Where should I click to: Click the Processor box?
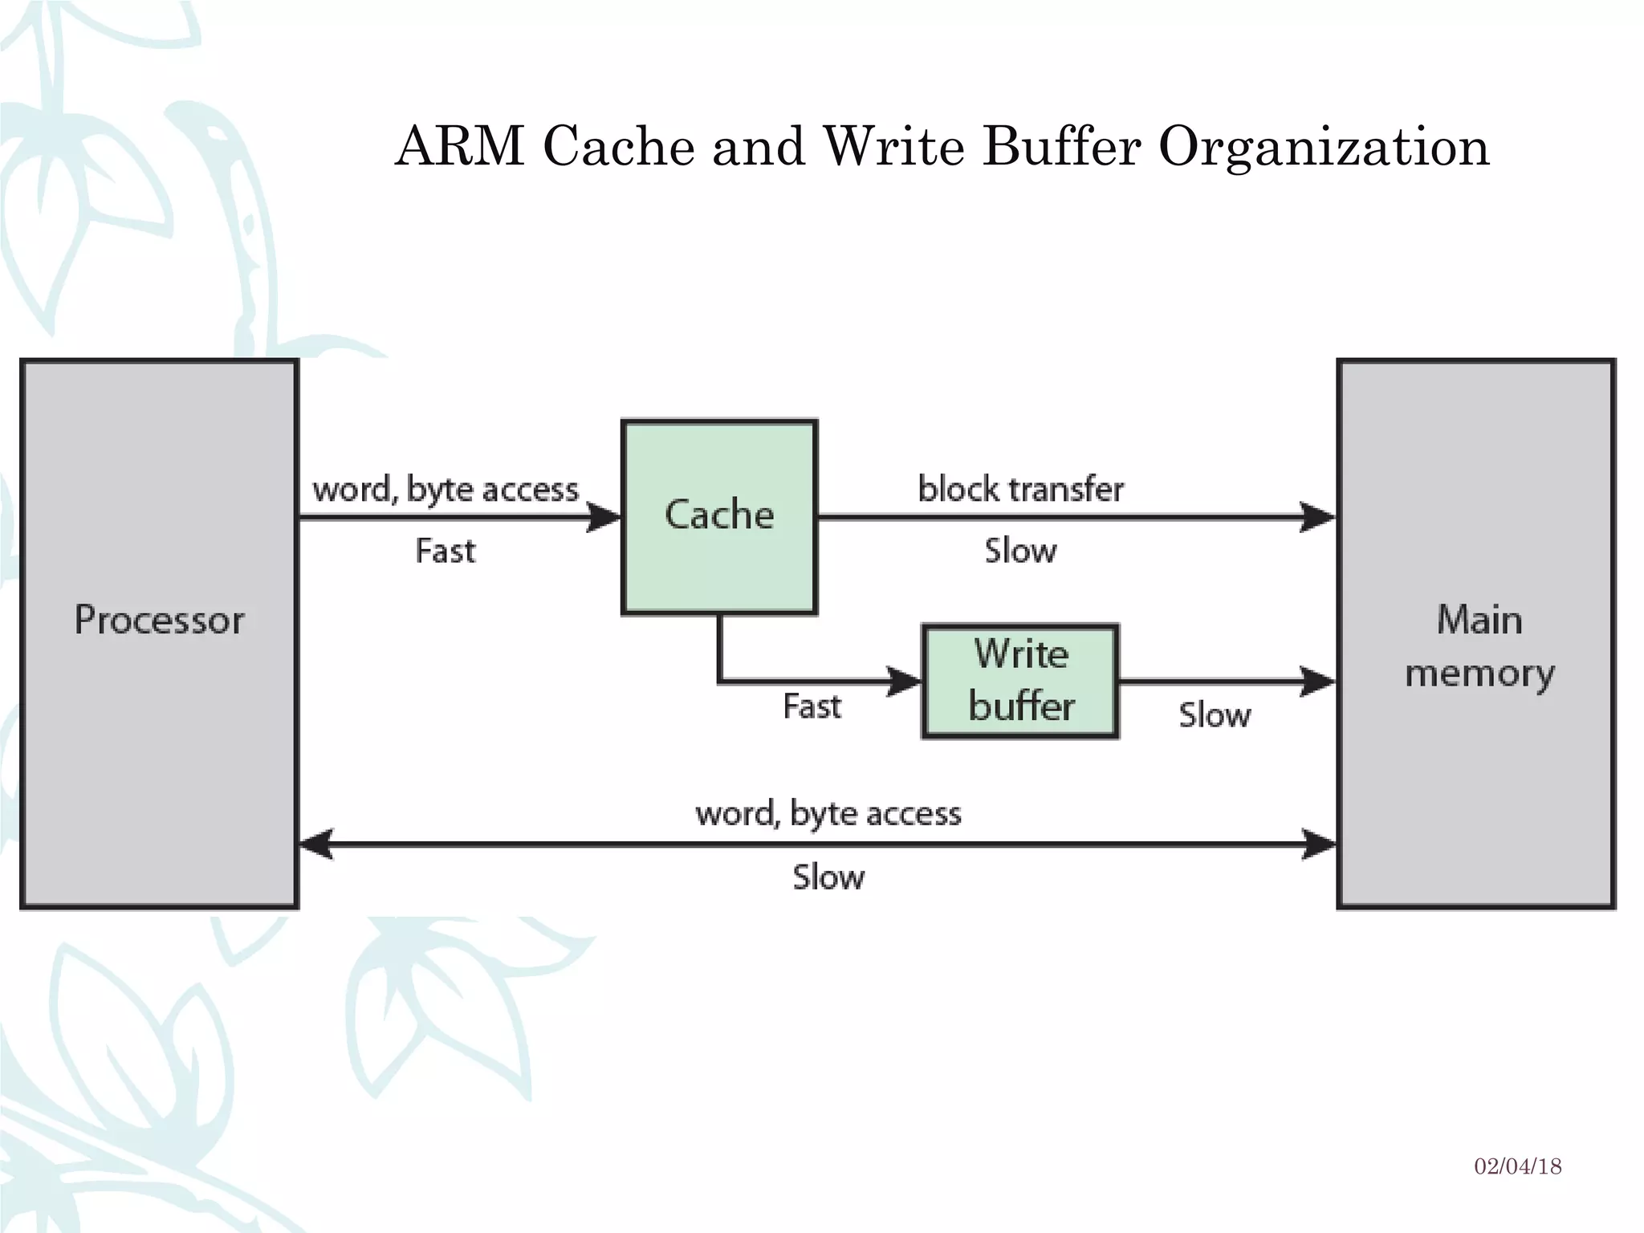pos(159,634)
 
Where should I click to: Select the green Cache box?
pos(719,517)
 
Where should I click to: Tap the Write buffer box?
pos(1020,681)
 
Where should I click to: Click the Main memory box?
pos(1476,634)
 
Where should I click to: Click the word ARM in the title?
pos(460,147)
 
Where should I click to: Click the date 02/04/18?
pos(1517,1166)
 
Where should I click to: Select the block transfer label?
pos(1020,489)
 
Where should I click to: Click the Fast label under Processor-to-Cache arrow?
pos(446,551)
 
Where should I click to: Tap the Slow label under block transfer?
pos(1020,551)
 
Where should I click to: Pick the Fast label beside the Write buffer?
pos(812,706)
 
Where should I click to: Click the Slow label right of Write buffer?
pos(1214,714)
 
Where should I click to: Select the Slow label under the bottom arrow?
pos(828,877)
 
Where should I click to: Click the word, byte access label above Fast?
pos(446,489)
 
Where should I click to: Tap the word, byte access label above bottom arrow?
pos(828,813)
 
